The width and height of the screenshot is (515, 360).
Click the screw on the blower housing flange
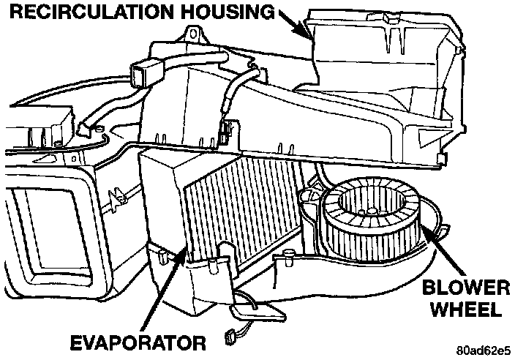(x=290, y=256)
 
